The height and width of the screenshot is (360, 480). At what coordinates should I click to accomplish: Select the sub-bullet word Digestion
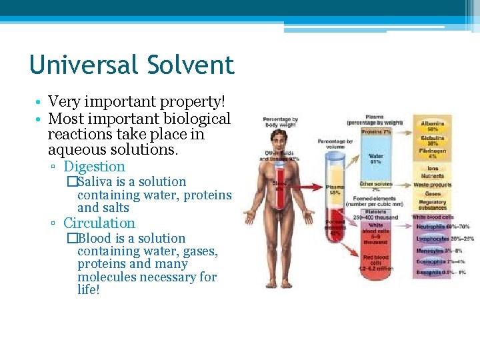tap(94, 167)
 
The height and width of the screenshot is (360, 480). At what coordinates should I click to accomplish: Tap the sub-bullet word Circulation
tap(99, 223)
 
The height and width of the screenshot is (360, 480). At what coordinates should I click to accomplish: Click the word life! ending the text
tap(88, 290)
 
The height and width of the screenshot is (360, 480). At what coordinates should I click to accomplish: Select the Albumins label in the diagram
tap(433, 125)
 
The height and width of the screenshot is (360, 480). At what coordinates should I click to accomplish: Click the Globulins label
tap(433, 140)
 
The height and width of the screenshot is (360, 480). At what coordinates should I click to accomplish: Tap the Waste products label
tap(432, 185)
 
